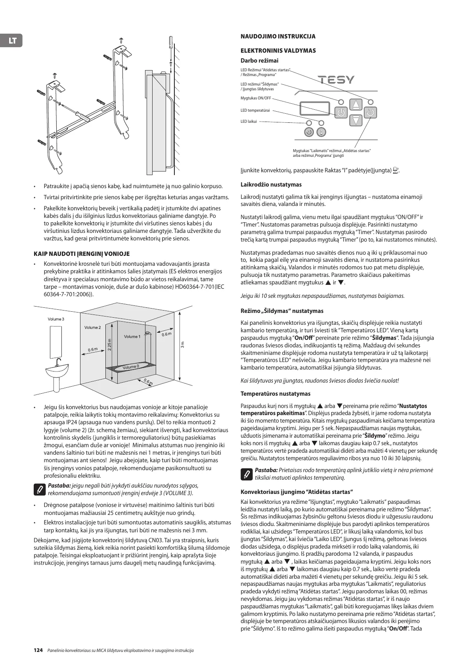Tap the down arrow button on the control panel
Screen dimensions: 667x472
click(x=357, y=120)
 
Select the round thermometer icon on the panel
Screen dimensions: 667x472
click(x=322, y=132)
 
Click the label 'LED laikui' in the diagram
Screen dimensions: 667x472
click(x=248, y=122)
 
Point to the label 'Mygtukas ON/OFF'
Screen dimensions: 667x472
click(x=256, y=98)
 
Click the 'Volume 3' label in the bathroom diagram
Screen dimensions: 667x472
click(x=56, y=319)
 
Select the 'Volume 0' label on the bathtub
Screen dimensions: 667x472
click(x=131, y=367)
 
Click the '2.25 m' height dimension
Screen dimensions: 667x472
click(x=110, y=344)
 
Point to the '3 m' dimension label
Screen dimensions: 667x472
click(x=183, y=344)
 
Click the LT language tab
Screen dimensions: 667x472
click(x=12, y=40)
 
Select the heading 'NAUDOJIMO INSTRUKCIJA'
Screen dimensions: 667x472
click(x=278, y=36)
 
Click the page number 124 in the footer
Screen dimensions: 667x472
click(x=38, y=650)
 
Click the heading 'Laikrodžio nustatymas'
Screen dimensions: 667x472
click(x=271, y=185)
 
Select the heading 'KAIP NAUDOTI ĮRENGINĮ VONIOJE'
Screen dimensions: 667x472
click(x=82, y=253)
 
